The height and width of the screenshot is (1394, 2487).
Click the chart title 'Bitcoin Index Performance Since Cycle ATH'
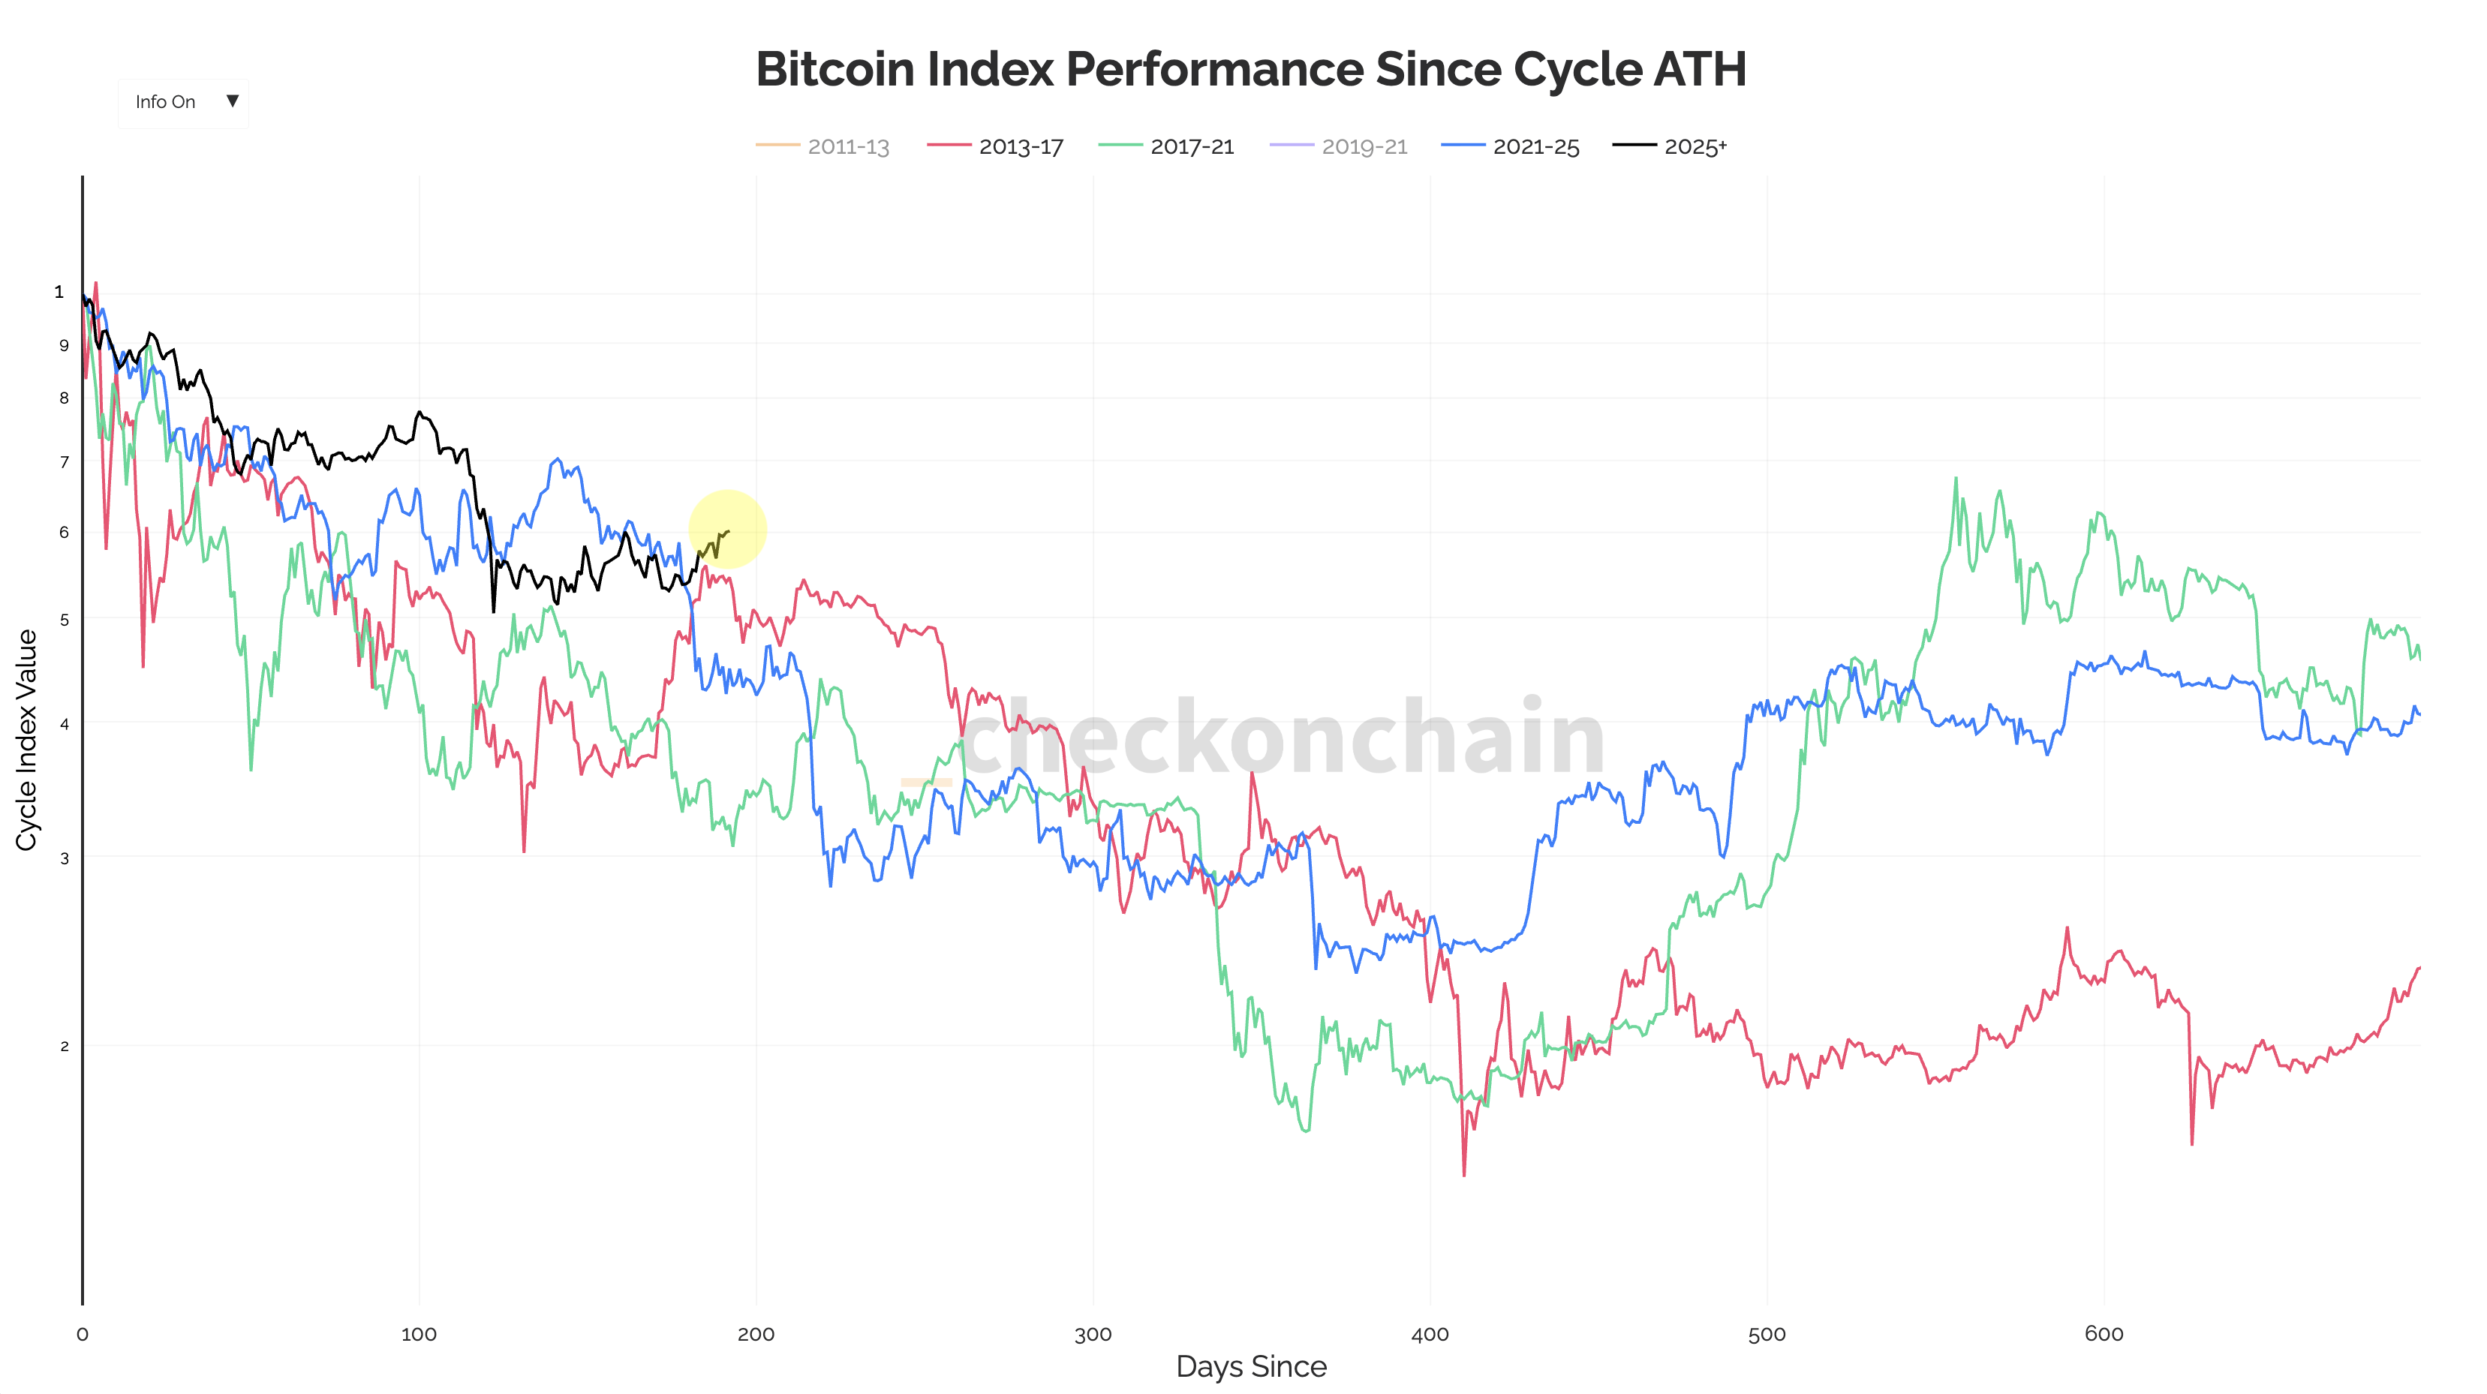point(1250,70)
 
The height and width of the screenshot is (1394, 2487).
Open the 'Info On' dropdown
point(183,102)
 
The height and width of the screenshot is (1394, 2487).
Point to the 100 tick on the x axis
point(418,1334)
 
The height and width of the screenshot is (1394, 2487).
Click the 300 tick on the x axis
point(1093,1334)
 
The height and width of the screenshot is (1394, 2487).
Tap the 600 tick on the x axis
point(2104,1334)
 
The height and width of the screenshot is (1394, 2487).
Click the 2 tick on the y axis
point(65,1047)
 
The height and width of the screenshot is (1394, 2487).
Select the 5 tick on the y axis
point(65,620)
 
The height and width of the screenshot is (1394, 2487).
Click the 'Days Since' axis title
point(1250,1367)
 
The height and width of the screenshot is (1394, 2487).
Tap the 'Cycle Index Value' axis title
point(26,740)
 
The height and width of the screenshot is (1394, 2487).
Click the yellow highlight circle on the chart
point(727,529)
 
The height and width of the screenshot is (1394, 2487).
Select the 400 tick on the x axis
point(1430,1334)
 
